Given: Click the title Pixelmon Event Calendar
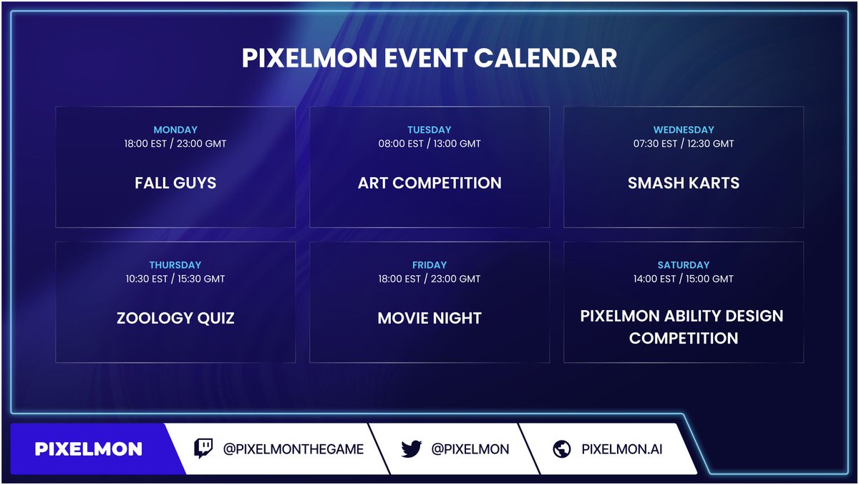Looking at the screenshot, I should coord(429,58).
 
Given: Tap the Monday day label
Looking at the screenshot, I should coord(175,130).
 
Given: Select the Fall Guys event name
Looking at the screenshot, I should coord(175,183).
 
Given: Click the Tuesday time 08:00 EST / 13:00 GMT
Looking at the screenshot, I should coord(429,144).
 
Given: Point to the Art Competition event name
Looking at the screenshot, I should coord(429,183).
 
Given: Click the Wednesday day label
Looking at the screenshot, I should coord(684,130).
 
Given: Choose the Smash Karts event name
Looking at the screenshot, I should coord(684,183).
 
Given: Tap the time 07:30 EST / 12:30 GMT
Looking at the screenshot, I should coord(684,144).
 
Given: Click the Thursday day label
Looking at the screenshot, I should coord(175,265).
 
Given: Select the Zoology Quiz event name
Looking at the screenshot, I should coord(175,318).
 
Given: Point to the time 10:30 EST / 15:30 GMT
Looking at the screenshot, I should coord(175,279).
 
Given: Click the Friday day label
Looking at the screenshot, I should coord(429,265).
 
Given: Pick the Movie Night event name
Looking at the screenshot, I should coord(429,318).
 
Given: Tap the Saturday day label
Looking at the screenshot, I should coord(684,265).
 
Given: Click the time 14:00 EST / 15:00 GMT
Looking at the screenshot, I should coord(684,279).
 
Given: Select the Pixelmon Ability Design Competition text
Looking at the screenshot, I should coord(682,327).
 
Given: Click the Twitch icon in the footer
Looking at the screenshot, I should coord(204,449).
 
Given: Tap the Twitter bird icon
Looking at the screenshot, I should coord(411,449).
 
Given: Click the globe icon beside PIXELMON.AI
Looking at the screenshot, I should coord(562,449).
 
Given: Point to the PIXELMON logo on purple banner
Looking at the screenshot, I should coord(89,449).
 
